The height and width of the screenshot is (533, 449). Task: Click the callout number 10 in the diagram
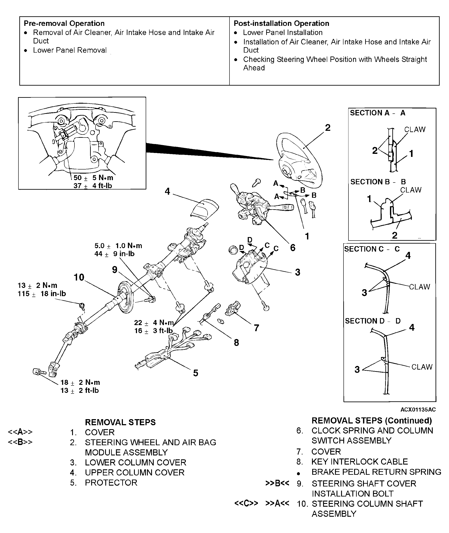[x=79, y=277]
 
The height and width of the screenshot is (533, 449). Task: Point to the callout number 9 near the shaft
[x=115, y=270]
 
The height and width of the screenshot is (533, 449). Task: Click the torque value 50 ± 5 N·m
[x=93, y=178]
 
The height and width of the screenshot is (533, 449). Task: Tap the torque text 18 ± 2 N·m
[x=80, y=382]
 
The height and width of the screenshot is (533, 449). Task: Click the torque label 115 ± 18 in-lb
[x=42, y=294]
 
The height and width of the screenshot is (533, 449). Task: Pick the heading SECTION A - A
[x=377, y=113]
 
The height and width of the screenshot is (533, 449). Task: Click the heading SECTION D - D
[x=372, y=321]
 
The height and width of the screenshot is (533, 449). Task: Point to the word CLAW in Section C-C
[x=419, y=287]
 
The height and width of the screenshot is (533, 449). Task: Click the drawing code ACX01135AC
[x=418, y=409]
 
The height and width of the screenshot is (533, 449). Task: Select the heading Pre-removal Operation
[x=64, y=23]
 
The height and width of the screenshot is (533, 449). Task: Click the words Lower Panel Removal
[x=70, y=50]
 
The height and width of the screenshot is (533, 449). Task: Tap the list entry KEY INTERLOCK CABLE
[x=359, y=462]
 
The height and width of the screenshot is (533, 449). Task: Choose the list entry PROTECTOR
[x=111, y=482]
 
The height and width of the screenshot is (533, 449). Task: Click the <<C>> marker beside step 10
[x=246, y=503]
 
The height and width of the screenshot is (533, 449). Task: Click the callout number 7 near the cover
[x=256, y=328]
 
